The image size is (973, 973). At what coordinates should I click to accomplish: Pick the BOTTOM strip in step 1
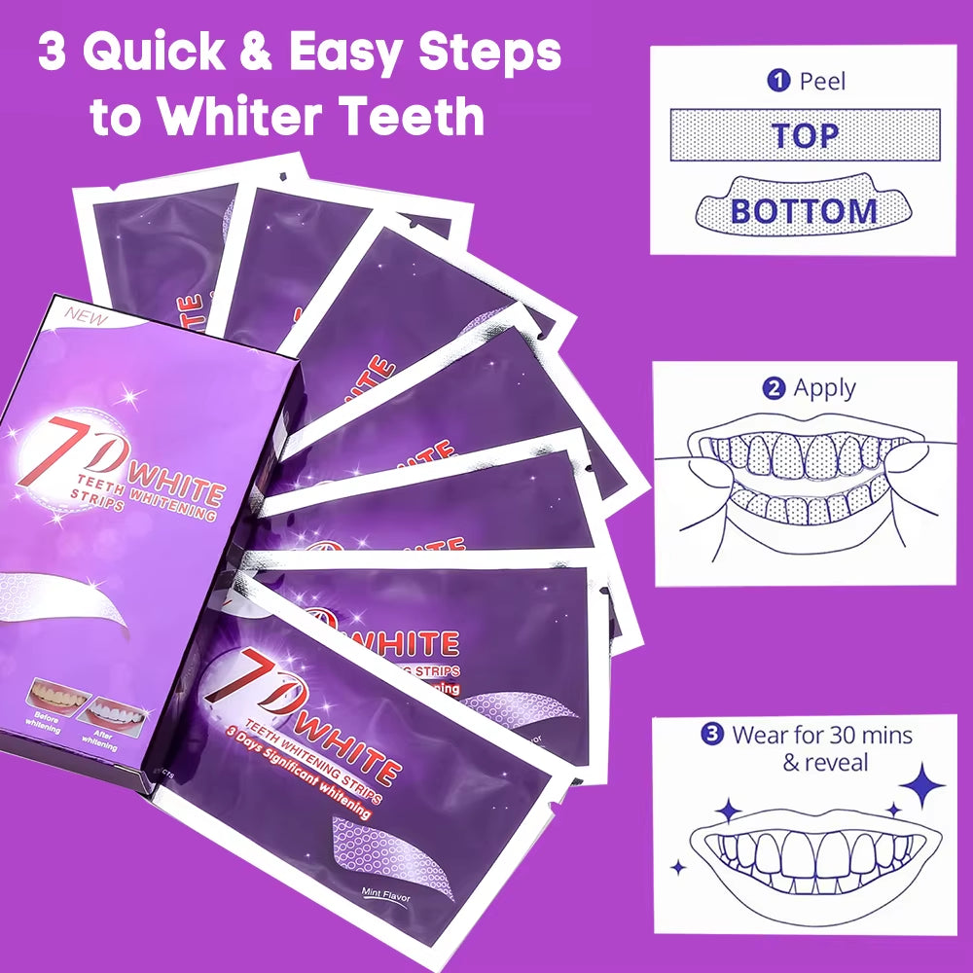(x=804, y=210)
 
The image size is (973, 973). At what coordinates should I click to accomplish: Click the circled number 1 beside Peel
(x=777, y=81)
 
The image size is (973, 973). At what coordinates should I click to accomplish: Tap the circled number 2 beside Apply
(x=774, y=388)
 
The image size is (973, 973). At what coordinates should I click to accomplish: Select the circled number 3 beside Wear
(x=711, y=734)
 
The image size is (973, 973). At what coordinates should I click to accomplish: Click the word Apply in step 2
(x=824, y=388)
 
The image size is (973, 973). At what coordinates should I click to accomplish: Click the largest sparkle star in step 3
(x=921, y=785)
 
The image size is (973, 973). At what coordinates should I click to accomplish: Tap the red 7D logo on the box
(x=72, y=450)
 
